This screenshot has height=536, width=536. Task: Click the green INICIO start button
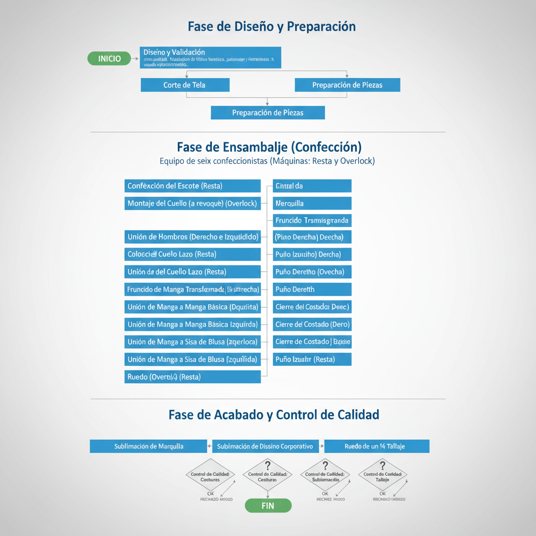tap(109, 59)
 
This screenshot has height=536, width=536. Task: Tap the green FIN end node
tap(267, 506)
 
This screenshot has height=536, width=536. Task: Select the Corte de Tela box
tap(185, 85)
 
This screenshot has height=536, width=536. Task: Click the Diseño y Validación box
tap(210, 58)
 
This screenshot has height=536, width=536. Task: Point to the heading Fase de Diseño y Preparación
tap(272, 27)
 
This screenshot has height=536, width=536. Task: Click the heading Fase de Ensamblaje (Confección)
tap(269, 147)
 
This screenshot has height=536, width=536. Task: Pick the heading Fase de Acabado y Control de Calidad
tap(274, 415)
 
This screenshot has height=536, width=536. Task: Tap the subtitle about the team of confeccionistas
tap(267, 161)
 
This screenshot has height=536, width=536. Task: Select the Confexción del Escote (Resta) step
tap(192, 186)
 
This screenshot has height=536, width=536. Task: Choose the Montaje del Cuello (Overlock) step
tap(192, 203)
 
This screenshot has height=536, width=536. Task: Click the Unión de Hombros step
tap(192, 237)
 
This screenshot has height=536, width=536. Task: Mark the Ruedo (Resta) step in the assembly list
tap(192, 376)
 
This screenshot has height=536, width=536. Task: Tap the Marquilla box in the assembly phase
tap(312, 203)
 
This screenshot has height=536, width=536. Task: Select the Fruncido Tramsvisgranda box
tap(312, 220)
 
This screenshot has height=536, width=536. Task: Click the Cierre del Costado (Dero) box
tap(312, 325)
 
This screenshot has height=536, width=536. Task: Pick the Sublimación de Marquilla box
tap(149, 446)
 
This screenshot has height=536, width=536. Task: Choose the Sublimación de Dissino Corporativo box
tap(265, 446)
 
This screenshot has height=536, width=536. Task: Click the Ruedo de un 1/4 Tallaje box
tap(376, 446)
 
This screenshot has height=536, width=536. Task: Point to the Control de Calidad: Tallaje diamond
tap(382, 476)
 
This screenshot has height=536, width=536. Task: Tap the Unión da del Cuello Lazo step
tap(192, 272)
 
